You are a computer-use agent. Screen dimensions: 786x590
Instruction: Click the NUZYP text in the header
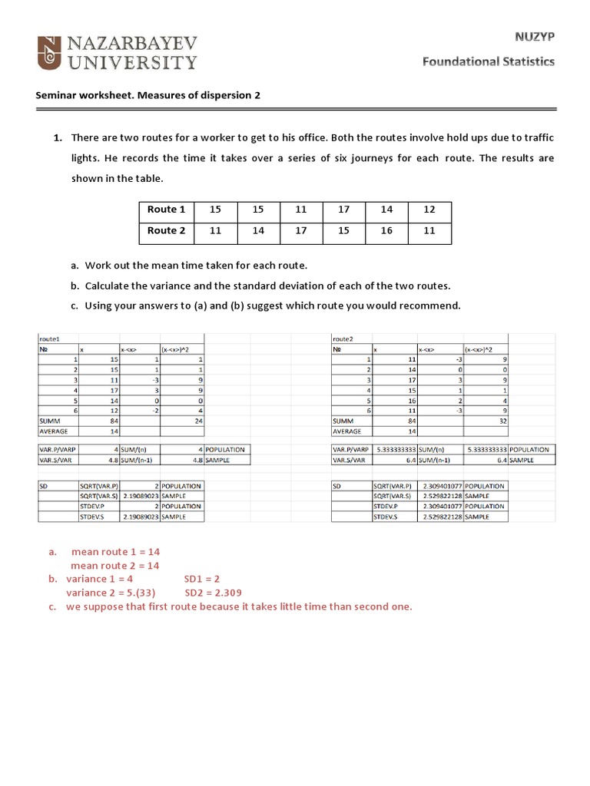tap(534, 36)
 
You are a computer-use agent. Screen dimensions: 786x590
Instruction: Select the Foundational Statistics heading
tap(488, 62)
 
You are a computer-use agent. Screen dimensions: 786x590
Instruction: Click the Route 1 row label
tap(166, 210)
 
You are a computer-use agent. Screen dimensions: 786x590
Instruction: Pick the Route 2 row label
tap(166, 230)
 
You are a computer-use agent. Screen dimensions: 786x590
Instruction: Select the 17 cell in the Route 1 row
tap(343, 210)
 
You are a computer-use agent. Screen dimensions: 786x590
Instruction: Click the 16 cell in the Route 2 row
tap(386, 230)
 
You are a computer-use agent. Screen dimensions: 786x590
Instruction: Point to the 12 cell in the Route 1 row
tap(429, 210)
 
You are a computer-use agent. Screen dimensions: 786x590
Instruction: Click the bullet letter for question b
tap(75, 286)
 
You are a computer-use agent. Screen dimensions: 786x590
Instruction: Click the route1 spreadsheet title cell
tap(50, 338)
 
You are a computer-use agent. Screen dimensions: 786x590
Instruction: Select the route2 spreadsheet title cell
tap(343, 338)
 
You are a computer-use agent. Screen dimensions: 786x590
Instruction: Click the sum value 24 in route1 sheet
tap(198, 421)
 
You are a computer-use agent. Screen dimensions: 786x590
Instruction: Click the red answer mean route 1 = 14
tap(115, 552)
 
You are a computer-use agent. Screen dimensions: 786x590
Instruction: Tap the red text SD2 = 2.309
tap(214, 593)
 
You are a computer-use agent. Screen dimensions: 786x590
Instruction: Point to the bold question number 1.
tap(58, 138)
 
